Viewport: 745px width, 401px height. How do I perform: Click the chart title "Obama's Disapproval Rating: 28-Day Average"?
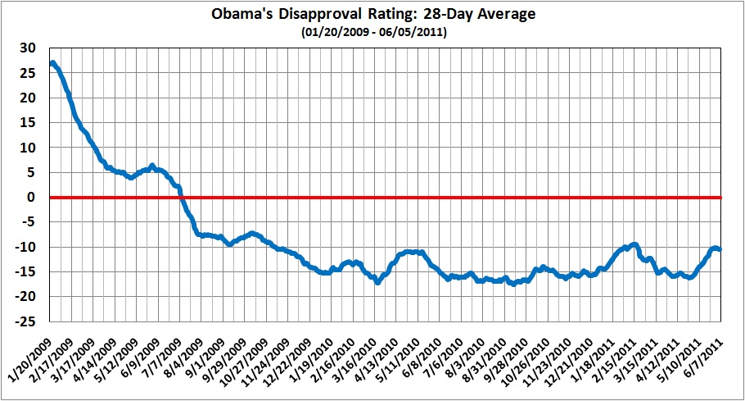[x=372, y=14]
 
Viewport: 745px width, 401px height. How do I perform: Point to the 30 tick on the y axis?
[x=29, y=48]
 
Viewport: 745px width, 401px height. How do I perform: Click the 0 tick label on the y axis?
[x=32, y=198]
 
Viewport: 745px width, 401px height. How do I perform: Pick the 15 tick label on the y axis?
[x=29, y=123]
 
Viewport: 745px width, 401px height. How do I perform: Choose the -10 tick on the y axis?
[x=26, y=247]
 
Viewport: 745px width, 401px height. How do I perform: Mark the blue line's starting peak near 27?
[x=52, y=63]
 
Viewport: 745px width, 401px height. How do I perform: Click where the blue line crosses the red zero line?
[x=182, y=198]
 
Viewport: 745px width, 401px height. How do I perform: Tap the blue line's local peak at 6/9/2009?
[x=152, y=166]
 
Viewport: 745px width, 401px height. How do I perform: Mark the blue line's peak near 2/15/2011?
[x=633, y=244]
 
